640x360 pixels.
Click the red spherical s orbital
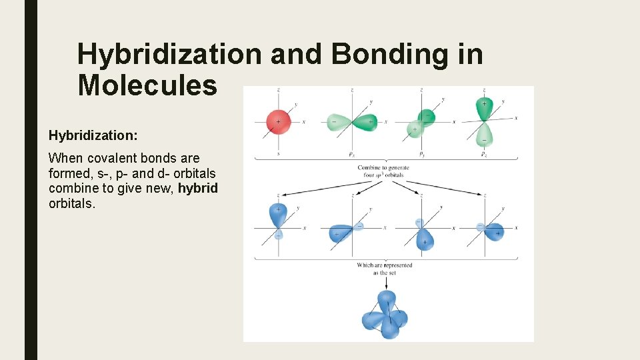pyautogui.click(x=278, y=122)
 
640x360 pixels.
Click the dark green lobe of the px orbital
pyautogui.click(x=364, y=122)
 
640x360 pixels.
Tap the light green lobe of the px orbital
pyautogui.click(x=337, y=122)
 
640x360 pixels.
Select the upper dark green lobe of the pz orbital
pyautogui.click(x=483, y=107)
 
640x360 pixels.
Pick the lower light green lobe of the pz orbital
pyautogui.click(x=484, y=135)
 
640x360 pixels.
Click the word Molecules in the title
pyautogui.click(x=147, y=85)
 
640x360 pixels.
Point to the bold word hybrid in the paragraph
pyautogui.click(x=198, y=187)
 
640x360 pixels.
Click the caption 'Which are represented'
pyautogui.click(x=385, y=265)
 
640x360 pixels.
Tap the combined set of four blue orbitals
pyautogui.click(x=385, y=315)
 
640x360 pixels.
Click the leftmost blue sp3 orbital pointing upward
pyautogui.click(x=277, y=215)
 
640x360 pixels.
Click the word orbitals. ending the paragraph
pyautogui.click(x=72, y=203)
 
